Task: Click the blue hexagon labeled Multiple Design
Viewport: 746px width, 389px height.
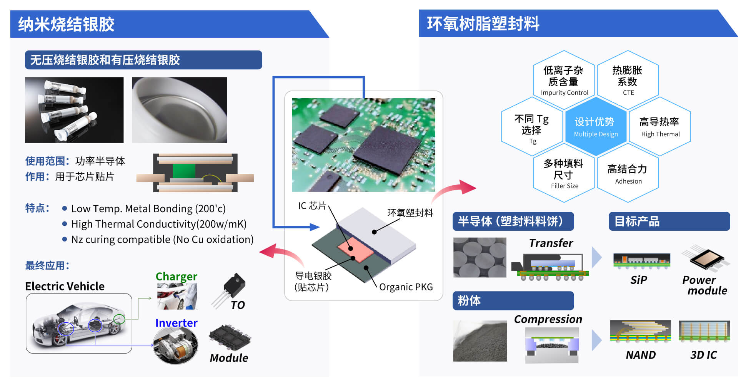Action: (x=595, y=126)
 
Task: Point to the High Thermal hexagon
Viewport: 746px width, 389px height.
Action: (x=659, y=126)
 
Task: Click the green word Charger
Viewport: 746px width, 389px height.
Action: (x=176, y=276)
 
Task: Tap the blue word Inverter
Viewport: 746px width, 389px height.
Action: (x=176, y=323)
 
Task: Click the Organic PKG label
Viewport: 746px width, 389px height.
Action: (x=406, y=287)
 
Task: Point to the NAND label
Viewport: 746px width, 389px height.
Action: (x=640, y=355)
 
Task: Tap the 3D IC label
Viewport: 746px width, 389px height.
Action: (x=703, y=355)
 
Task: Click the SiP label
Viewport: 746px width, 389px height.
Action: (x=638, y=280)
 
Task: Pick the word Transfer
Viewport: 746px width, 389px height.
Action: (x=551, y=243)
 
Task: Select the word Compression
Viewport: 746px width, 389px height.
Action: (x=548, y=319)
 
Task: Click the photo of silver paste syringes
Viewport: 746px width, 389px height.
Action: (x=74, y=110)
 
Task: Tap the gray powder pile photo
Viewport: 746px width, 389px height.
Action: (x=480, y=341)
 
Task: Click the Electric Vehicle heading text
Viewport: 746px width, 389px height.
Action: (x=65, y=286)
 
